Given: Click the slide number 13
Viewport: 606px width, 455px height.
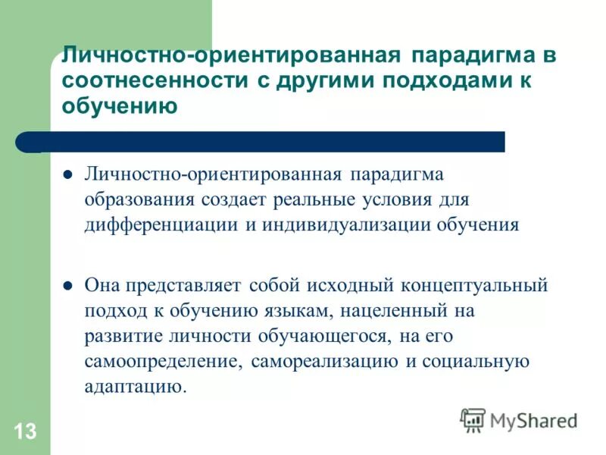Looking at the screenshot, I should (24, 432).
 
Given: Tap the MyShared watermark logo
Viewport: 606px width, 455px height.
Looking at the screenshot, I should (518, 420).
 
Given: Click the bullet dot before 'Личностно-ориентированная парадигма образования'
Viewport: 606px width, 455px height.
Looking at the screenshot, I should (67, 174).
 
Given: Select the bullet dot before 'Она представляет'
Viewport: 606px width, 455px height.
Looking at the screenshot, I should (67, 287).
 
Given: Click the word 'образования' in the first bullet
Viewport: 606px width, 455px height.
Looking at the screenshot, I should (139, 199).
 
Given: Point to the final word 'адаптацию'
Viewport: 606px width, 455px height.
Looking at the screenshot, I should (134, 388).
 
